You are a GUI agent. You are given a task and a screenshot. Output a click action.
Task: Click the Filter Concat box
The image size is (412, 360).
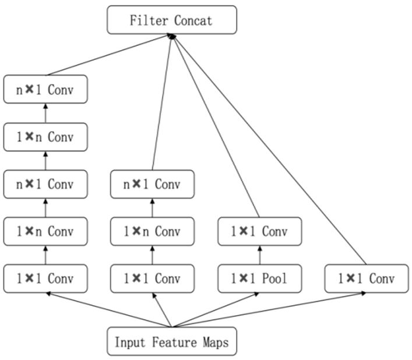[x=172, y=20]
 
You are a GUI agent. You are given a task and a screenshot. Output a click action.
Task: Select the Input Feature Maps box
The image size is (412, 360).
[x=172, y=342]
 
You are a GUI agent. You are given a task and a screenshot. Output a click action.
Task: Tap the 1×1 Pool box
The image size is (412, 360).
[x=260, y=278]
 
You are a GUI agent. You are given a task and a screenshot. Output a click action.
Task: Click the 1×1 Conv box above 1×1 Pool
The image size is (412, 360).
[x=260, y=231]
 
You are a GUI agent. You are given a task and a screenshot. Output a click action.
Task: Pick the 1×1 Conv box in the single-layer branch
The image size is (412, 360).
[x=367, y=278]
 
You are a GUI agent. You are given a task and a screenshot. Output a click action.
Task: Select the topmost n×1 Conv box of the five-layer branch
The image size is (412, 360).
[x=45, y=89]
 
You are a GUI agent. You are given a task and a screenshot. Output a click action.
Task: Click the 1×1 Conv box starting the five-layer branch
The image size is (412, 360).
[x=45, y=278]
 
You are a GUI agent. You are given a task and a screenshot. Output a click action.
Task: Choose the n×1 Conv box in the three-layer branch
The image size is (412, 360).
[x=153, y=184]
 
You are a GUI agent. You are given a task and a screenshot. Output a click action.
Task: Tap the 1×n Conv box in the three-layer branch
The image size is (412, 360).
[x=153, y=231]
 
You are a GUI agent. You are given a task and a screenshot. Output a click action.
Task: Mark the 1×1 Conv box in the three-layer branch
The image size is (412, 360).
[x=153, y=278]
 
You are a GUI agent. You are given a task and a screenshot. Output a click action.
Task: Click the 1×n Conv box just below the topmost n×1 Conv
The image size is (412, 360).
[x=45, y=137]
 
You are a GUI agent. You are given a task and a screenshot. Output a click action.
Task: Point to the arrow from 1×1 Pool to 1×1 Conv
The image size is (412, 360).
[x=260, y=255]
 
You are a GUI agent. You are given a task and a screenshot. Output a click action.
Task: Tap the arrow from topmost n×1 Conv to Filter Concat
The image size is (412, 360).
[x=108, y=55]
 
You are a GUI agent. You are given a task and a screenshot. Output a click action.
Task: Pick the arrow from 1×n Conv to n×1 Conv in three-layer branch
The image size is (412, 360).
[x=153, y=208]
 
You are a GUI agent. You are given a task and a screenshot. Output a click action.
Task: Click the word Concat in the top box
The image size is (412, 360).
[x=193, y=20]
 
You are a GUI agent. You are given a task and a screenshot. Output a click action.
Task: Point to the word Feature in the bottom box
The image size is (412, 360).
[x=174, y=342]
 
